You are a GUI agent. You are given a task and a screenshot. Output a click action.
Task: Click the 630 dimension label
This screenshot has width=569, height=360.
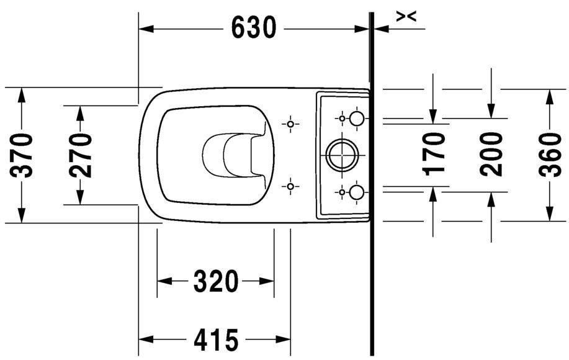pyautogui.click(x=254, y=28)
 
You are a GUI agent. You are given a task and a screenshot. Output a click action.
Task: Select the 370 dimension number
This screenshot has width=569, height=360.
pyautogui.click(x=21, y=155)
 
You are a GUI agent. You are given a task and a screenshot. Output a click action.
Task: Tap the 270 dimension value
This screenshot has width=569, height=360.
pyautogui.click(x=80, y=155)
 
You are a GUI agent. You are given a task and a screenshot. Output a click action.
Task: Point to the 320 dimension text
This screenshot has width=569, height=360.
pyautogui.click(x=216, y=281)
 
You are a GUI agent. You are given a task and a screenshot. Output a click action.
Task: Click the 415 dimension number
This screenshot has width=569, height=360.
pyautogui.click(x=217, y=340)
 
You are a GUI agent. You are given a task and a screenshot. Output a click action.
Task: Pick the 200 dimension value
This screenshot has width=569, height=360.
pyautogui.click(x=491, y=155)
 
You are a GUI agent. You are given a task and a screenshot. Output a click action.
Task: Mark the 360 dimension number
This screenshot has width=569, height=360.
pyautogui.click(x=550, y=155)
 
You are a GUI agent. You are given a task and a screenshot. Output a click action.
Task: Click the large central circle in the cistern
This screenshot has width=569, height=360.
pyautogui.click(x=342, y=155)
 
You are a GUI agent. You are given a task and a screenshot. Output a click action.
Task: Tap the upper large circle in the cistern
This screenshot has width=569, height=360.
pyautogui.click(x=356, y=119)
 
